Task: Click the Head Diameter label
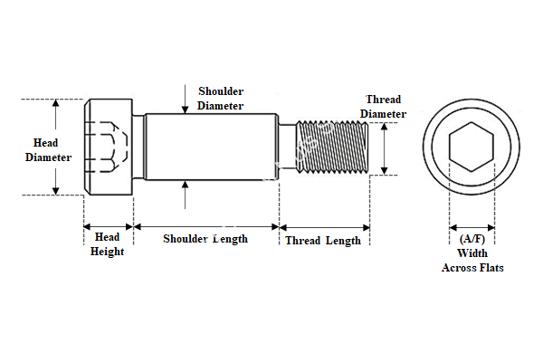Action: point(47,150)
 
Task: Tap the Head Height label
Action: point(107,244)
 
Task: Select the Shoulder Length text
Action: point(205,239)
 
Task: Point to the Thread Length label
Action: point(323,240)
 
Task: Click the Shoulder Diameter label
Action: point(220,99)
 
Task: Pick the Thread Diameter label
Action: point(384,106)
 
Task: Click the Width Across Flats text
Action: point(472,261)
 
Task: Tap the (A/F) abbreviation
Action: point(472,238)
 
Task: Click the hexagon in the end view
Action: point(472,149)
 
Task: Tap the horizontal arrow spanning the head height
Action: point(109,224)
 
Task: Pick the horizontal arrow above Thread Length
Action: point(324,225)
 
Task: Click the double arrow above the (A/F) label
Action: point(472,225)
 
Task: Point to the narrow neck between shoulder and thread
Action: point(286,148)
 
